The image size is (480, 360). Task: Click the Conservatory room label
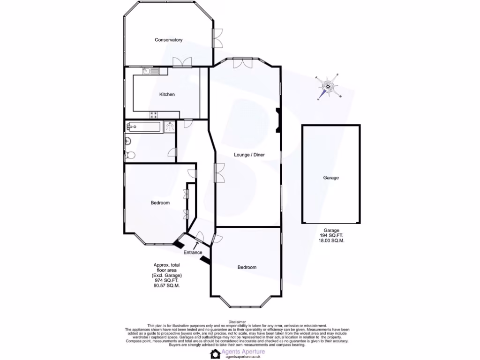click(x=168, y=40)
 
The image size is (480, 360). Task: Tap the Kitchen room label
click(x=167, y=95)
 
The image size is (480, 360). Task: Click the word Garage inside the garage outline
click(x=330, y=178)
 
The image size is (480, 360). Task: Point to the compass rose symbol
click(x=328, y=87)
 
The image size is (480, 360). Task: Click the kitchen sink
click(x=152, y=71)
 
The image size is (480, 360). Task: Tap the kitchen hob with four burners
click(x=154, y=114)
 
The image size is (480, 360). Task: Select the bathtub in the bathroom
click(x=143, y=127)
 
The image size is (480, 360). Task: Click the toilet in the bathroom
click(x=130, y=155)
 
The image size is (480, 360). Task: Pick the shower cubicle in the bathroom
click(x=169, y=127)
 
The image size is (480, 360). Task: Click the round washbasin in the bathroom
click(x=127, y=141)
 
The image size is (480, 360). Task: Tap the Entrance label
click(x=193, y=253)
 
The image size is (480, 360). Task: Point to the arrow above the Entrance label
click(x=196, y=244)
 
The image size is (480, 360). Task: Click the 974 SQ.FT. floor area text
click(x=167, y=280)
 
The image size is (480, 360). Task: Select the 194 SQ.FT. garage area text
click(x=331, y=236)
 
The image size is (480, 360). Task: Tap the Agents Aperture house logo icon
click(x=215, y=353)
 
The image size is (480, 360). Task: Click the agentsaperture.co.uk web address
click(x=243, y=357)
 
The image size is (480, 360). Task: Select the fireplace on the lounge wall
click(x=278, y=118)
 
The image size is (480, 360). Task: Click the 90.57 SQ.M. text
click(x=167, y=285)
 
